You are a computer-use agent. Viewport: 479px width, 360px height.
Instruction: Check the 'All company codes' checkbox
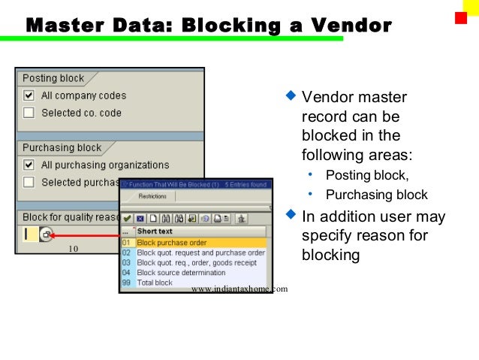[x=29, y=95]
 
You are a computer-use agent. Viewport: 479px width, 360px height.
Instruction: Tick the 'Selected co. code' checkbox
[x=29, y=113]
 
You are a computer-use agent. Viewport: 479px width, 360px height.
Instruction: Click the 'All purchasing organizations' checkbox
[x=29, y=165]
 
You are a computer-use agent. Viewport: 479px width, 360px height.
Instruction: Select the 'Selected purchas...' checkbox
[x=29, y=182]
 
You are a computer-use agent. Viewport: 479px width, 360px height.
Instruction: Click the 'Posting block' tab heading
[x=53, y=78]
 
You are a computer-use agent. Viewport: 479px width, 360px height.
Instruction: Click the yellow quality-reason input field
[x=29, y=234]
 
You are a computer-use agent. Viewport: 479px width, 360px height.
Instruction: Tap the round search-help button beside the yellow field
[x=46, y=234]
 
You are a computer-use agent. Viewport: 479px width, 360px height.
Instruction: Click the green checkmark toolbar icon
[x=127, y=219]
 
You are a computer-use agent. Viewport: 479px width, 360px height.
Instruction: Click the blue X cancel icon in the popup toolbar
[x=139, y=219]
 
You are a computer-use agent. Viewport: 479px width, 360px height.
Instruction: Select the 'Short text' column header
[x=155, y=231]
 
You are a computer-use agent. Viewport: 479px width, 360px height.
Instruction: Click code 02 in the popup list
[x=127, y=253]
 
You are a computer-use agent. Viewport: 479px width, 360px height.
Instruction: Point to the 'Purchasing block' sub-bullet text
[x=376, y=195]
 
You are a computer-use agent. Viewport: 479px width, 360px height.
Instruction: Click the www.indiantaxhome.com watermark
[x=239, y=289]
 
